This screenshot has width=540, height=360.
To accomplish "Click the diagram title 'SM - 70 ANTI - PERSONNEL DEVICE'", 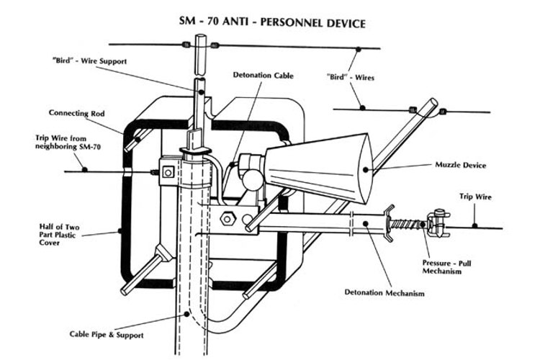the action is pyautogui.click(x=272, y=22).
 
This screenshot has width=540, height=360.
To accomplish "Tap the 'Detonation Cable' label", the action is pyautogui.click(x=263, y=75).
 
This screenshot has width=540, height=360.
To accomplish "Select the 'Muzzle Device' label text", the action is pyautogui.click(x=461, y=165).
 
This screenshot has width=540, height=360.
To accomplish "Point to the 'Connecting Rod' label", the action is pyautogui.click(x=76, y=113).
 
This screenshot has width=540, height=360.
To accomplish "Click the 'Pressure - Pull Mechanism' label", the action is pyautogui.click(x=446, y=267).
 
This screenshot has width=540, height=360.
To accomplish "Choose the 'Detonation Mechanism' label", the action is pyautogui.click(x=384, y=293).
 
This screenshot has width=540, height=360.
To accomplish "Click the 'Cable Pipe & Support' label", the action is pyautogui.click(x=107, y=335).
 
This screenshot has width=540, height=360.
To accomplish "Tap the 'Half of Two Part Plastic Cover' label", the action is pyautogui.click(x=59, y=235).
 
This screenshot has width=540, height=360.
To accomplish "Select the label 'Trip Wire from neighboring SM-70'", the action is pyautogui.click(x=68, y=143).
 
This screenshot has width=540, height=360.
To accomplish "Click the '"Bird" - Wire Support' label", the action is pyautogui.click(x=89, y=61).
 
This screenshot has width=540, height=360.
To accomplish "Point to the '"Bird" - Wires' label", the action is pyautogui.click(x=350, y=77).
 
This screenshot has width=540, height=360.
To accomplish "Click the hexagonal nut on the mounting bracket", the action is pyautogui.click(x=228, y=219).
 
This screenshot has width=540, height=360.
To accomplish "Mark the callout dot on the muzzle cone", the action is pyautogui.click(x=365, y=169).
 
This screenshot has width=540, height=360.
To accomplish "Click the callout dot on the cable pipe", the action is pyautogui.click(x=186, y=314).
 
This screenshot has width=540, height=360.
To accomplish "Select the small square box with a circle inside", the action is pyautogui.click(x=168, y=172).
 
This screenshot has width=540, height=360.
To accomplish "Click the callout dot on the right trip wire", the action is pyautogui.click(x=474, y=226).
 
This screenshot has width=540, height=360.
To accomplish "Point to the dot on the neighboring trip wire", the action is pyautogui.click(x=84, y=169).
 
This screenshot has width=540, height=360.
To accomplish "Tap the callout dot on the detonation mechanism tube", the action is pyautogui.click(x=366, y=224).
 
